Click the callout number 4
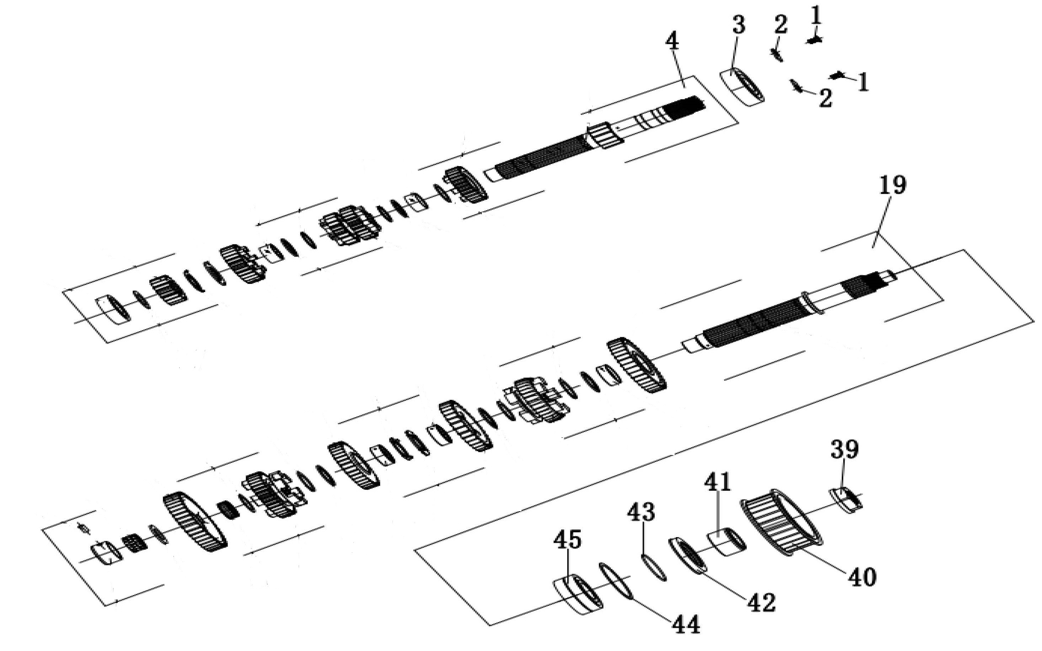(672, 41)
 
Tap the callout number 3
(739, 25)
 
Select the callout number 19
(893, 185)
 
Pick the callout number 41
(717, 483)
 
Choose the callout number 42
(761, 602)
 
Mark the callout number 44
(686, 625)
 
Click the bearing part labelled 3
(743, 88)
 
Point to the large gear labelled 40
(781, 522)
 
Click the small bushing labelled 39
(846, 500)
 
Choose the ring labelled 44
(616, 581)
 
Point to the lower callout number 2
(825, 98)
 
